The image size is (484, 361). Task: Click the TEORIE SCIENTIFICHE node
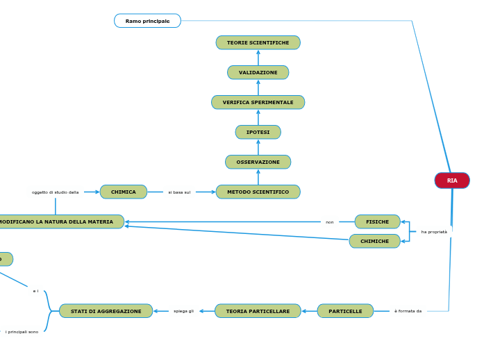click(x=258, y=43)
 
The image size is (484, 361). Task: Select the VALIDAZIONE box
click(x=258, y=73)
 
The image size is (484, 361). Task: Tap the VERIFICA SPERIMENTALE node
click(x=258, y=103)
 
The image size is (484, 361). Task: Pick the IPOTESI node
click(x=258, y=133)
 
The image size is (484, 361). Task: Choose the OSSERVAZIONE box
click(x=258, y=162)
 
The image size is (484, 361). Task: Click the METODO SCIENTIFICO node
click(x=258, y=192)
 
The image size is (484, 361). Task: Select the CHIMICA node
click(x=124, y=192)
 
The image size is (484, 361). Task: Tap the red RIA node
click(x=452, y=180)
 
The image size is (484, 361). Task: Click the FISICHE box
click(x=377, y=222)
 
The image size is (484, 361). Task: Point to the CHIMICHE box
click(x=374, y=242)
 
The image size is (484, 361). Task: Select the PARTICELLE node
click(x=345, y=312)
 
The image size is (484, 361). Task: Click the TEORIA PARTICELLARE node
click(x=258, y=312)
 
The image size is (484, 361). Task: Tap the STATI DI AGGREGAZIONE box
click(x=106, y=312)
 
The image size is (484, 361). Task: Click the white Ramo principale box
click(x=147, y=22)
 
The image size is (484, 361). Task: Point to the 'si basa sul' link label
click(x=179, y=192)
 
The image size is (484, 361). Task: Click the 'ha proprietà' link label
click(x=434, y=232)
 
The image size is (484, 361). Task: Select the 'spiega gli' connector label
click(x=183, y=312)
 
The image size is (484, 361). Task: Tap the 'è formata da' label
click(x=408, y=312)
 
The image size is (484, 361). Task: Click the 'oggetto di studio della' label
click(x=55, y=192)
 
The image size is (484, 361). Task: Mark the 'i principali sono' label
click(x=22, y=332)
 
